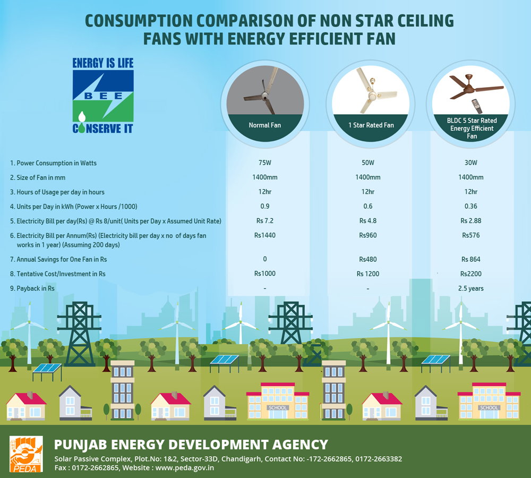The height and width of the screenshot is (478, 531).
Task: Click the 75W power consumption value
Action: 265,163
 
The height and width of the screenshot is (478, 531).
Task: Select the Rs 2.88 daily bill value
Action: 470,220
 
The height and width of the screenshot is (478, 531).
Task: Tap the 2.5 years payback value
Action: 470,288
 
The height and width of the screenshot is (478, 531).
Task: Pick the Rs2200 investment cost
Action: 470,274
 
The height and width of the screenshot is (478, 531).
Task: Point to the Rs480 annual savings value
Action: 368,259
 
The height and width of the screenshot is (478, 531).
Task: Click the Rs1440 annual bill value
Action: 265,235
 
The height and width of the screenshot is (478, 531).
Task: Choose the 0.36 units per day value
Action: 470,206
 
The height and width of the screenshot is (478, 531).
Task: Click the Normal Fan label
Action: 265,125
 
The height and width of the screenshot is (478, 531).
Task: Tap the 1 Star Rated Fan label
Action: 371,125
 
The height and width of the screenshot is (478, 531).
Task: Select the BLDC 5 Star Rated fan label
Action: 472,128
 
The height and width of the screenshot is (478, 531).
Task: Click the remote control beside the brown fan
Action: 477,106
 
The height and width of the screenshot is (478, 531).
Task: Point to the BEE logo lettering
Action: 104,96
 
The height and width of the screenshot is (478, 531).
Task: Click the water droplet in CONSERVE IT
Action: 82,117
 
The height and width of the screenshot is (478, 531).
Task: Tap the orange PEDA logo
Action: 26,454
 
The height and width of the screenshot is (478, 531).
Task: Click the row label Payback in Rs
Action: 32,288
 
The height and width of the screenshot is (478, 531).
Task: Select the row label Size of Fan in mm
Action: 38,177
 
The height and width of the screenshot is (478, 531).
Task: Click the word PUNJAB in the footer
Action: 81,445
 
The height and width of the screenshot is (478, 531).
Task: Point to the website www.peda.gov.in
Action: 185,468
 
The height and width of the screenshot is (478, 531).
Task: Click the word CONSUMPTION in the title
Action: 138,21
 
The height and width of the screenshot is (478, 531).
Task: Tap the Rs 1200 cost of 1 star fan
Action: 368,274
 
